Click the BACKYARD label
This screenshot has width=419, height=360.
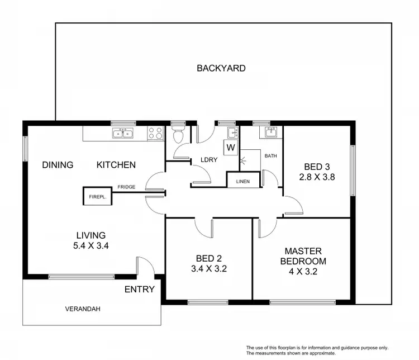pos(221,68)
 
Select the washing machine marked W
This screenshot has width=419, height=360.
pos(231,148)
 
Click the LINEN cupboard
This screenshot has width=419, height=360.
pos(243,181)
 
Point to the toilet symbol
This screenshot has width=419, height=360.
pos(178,135)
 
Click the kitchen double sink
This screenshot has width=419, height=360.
pos(122,133)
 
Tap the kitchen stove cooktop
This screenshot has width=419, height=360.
pos(155,133)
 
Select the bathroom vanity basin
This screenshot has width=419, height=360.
pos(270,132)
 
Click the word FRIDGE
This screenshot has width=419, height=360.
pos(126,187)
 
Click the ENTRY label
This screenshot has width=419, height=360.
pos(139,290)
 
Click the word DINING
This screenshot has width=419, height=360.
pos(58,164)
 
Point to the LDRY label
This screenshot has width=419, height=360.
pos(209,160)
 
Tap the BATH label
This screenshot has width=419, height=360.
pos(270,156)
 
